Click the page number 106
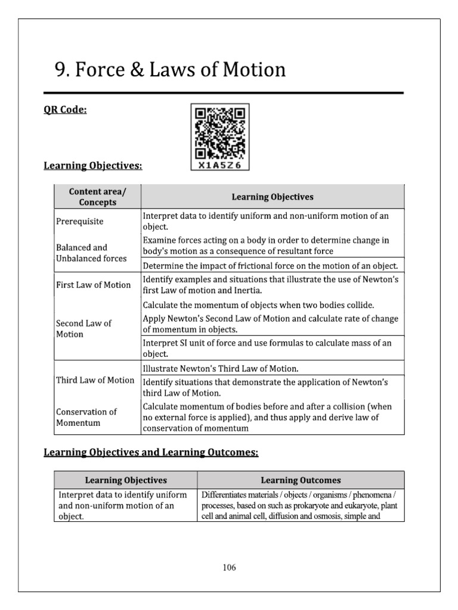coord(229,567)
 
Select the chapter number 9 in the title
coord(61,70)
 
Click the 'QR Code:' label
coord(66,111)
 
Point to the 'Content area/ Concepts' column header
coord(92,197)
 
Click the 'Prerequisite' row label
coord(79,222)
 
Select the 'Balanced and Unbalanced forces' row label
coord(91,253)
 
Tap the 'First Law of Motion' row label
coord(93,285)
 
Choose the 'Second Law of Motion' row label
coord(83,329)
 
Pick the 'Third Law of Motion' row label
coord(95,380)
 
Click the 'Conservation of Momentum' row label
coord(86,417)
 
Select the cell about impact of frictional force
coord(270,266)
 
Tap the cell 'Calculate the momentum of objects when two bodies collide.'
coord(258,305)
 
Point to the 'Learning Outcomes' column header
coord(301,480)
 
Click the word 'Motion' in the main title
coord(253,70)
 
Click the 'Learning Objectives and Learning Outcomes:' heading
coord(151,453)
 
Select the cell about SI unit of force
coord(267,348)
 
